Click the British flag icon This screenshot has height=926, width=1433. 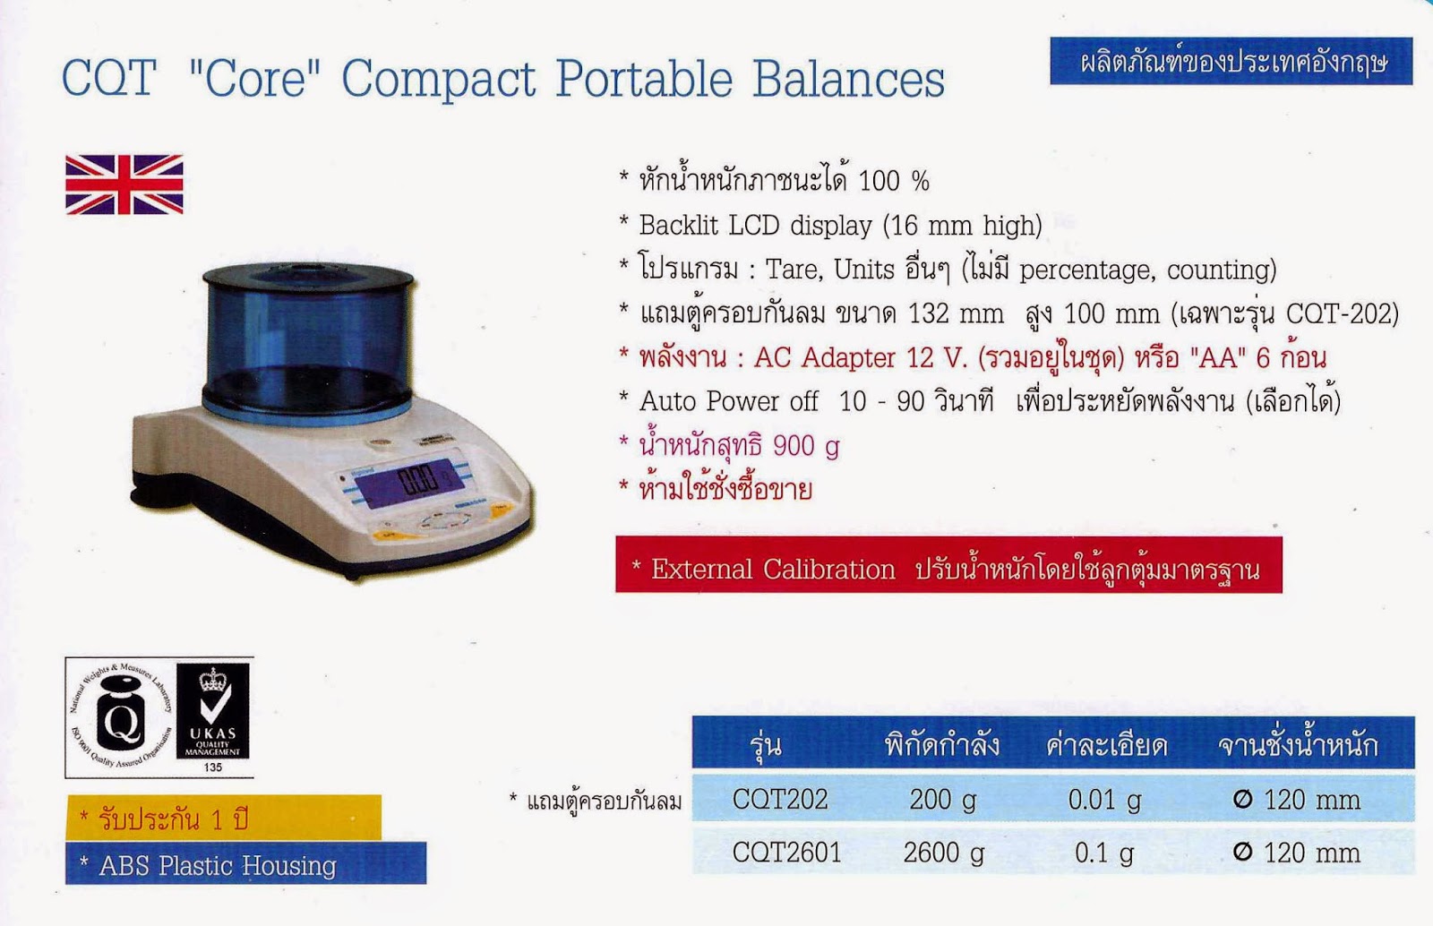point(124,184)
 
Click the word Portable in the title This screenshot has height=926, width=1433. point(644,79)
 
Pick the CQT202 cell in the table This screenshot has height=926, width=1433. point(780,799)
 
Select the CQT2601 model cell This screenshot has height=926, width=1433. point(786,852)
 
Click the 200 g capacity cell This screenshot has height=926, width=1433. point(942,799)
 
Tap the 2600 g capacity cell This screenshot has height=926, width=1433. point(943,852)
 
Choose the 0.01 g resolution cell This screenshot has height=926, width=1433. point(1104,799)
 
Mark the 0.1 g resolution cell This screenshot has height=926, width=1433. point(1104,852)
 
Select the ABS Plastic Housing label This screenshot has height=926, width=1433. point(245,865)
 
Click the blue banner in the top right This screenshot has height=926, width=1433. point(1231,62)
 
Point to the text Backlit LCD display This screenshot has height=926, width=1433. point(755,225)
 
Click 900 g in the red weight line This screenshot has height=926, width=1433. point(805,445)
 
